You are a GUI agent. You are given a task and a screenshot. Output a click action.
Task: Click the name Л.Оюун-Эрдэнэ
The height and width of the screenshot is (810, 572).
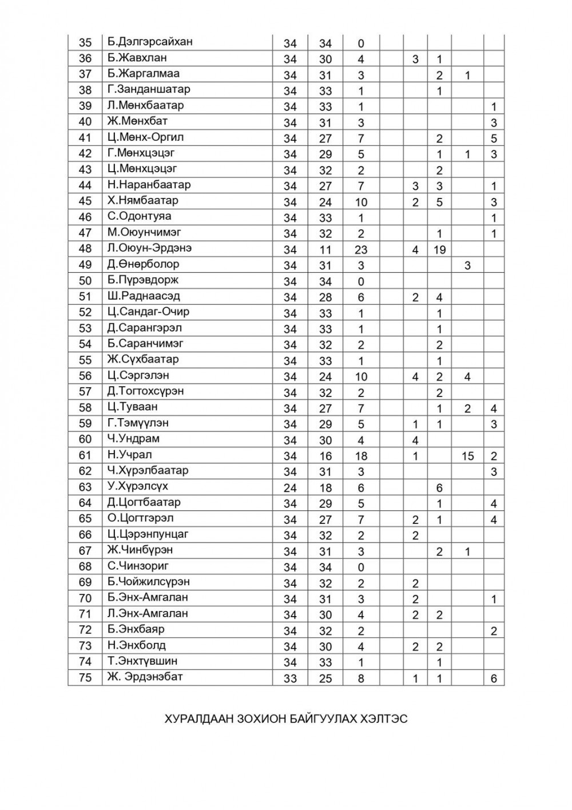tap(149, 248)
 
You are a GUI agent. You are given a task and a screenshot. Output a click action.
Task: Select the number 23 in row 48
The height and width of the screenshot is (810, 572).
tap(360, 249)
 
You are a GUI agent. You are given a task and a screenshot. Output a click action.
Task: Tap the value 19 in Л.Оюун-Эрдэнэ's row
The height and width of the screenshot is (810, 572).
tap(439, 249)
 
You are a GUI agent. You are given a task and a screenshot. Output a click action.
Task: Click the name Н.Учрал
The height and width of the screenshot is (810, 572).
tap(129, 455)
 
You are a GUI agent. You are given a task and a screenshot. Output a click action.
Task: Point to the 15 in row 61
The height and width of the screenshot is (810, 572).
tap(467, 456)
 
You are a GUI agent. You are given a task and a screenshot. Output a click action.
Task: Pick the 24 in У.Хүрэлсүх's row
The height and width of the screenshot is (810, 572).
tap(290, 488)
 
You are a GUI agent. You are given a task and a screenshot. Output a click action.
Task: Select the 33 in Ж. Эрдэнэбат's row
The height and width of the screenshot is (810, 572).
tap(290, 678)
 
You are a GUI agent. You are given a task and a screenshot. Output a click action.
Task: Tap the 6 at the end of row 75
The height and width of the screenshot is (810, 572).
tap(494, 678)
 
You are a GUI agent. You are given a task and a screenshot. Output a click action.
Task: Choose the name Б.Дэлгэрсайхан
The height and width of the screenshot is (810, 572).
tap(150, 42)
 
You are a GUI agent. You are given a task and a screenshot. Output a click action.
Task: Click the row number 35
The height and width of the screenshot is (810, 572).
tap(85, 42)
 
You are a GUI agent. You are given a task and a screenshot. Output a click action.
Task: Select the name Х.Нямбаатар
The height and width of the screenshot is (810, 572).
tap(142, 200)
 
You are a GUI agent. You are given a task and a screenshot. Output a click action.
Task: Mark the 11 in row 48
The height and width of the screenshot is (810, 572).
tap(325, 249)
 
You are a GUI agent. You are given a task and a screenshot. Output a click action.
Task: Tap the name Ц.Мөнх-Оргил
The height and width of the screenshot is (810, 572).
tap(145, 137)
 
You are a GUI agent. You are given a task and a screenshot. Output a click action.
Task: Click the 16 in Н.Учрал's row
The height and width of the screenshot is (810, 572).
tap(325, 456)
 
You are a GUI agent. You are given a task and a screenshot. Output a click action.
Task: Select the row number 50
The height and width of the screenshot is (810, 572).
tap(85, 280)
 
